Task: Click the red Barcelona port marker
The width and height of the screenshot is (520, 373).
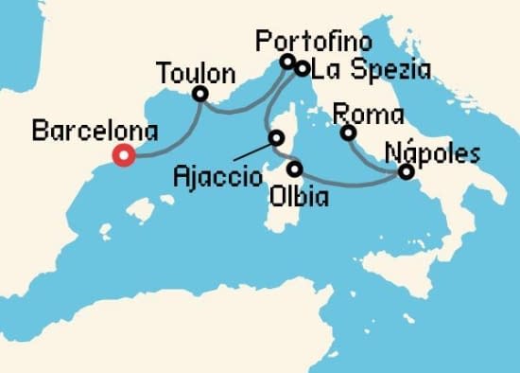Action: [x=122, y=156]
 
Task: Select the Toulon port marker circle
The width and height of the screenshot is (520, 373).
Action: [x=199, y=94]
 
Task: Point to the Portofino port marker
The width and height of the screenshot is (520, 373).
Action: [x=287, y=62]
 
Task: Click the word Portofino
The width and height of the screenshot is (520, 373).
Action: [x=315, y=41]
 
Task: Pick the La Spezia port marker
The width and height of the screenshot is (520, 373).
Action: [x=302, y=68]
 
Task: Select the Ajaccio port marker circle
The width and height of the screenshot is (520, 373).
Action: [x=276, y=137]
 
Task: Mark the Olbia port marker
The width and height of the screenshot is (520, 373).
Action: [x=295, y=169]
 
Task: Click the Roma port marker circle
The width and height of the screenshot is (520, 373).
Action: [x=348, y=133]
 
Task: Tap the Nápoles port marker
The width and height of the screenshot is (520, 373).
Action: [x=406, y=171]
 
